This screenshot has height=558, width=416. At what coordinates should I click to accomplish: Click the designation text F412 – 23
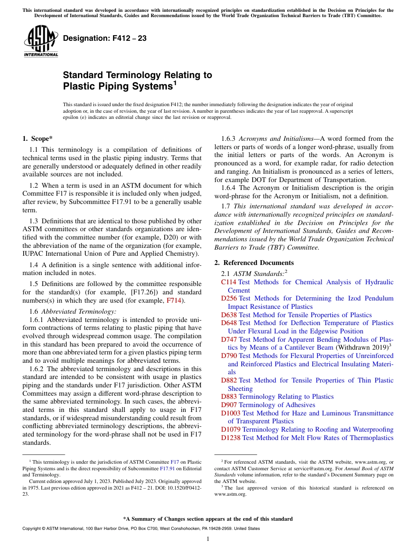[105, 39]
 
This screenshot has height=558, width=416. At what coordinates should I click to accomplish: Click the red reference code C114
[229, 282]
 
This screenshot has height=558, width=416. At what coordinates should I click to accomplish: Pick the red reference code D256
[229, 298]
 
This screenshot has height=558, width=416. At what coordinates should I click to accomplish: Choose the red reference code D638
[229, 315]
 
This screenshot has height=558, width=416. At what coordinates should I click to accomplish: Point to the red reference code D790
[229, 356]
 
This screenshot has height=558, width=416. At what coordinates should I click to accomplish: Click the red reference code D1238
[231, 438]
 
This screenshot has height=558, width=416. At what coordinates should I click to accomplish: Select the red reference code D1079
[231, 429]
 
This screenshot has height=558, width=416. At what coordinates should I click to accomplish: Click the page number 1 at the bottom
[208, 539]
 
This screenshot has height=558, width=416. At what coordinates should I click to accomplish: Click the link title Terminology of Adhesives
[277, 405]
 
